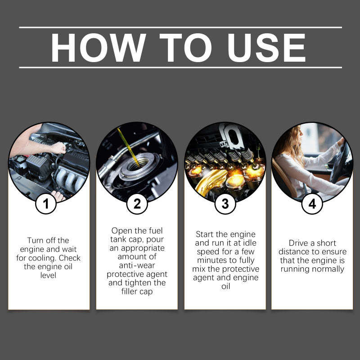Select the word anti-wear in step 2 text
[x=137, y=265]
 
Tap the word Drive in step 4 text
[x=299, y=243]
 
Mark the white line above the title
[x=180, y=27]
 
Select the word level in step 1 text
[x=48, y=275]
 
